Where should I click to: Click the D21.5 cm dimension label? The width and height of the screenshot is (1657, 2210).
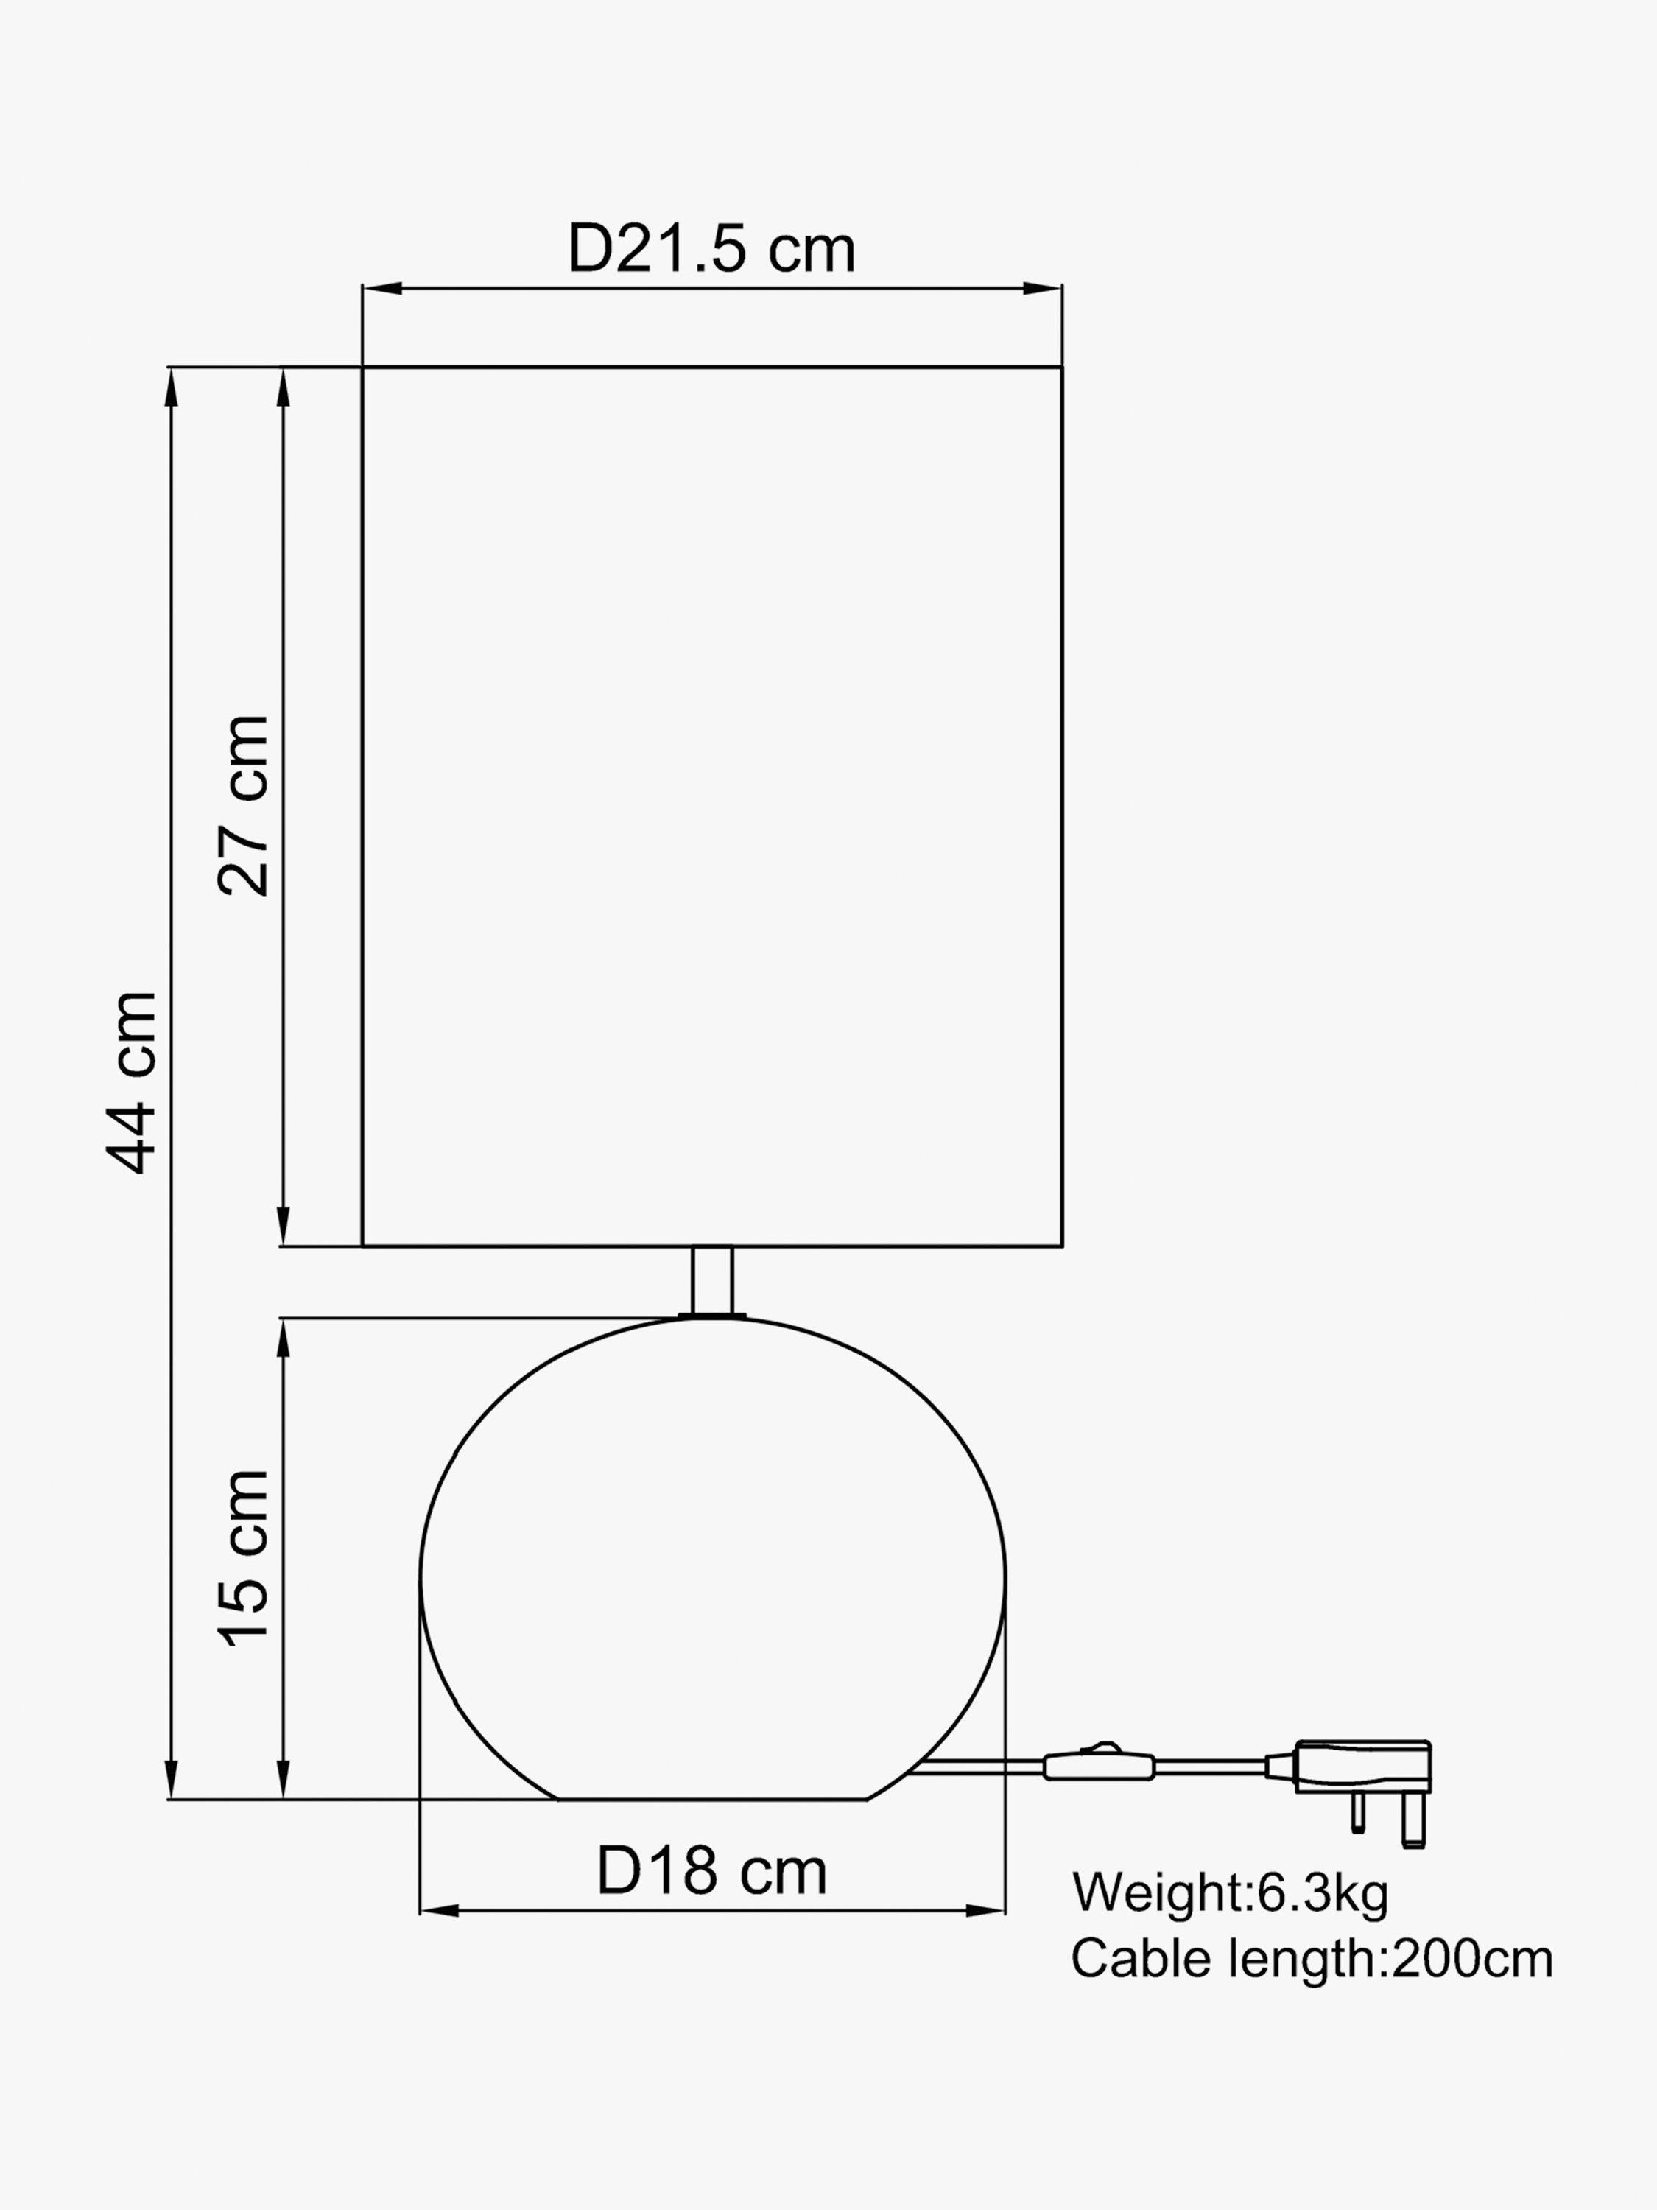711,249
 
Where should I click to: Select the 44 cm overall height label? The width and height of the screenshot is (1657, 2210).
132,1083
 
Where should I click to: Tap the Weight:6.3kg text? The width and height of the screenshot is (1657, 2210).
1230,1892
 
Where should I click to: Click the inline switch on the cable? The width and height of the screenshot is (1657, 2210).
1099,1764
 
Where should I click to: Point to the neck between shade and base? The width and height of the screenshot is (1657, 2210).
712,1281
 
